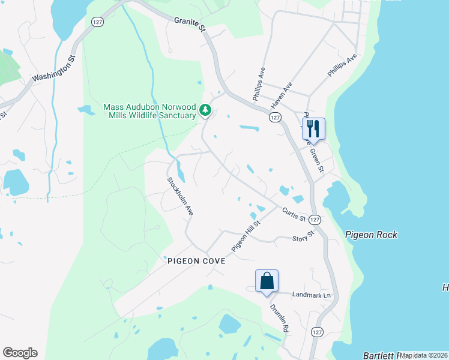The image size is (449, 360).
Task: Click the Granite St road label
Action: click(190, 24)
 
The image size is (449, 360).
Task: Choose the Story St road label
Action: click(303, 236)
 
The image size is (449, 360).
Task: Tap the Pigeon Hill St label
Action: click(246, 236)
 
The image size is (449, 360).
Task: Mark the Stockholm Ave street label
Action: click(180, 196)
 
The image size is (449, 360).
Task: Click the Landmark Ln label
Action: click(312, 295)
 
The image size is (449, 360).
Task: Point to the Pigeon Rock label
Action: click(371, 235)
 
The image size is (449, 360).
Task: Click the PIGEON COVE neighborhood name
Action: click(196, 261)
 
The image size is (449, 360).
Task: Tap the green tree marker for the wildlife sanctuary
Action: click(205, 110)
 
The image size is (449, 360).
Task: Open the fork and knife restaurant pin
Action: click(313, 128)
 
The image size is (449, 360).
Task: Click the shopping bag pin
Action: click(267, 281)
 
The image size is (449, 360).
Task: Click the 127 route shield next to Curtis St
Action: click(316, 220)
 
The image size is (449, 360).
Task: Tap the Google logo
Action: click(20, 353)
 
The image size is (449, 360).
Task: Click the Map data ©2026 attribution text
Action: click(423, 355)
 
